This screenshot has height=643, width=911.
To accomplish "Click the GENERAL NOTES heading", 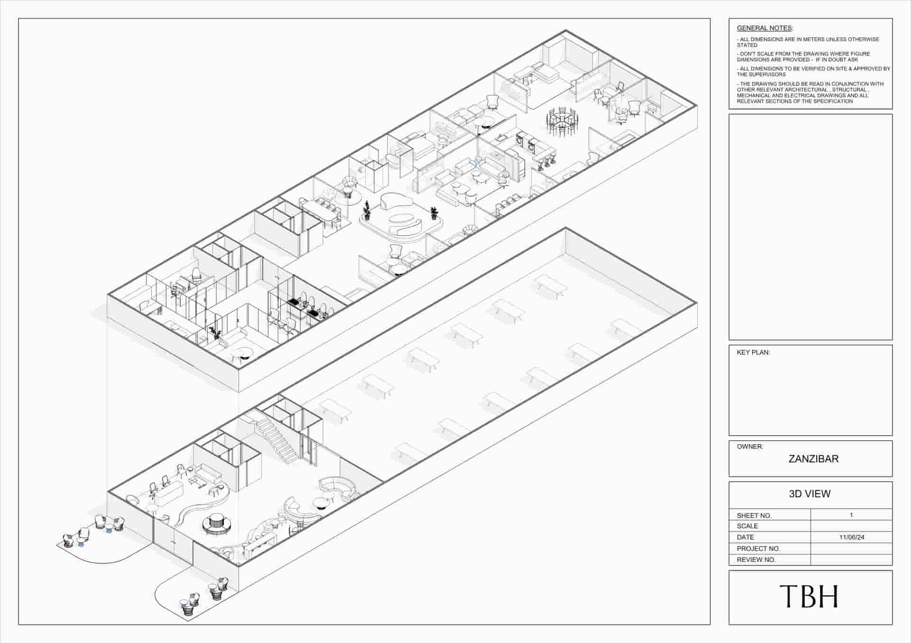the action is click(764, 28).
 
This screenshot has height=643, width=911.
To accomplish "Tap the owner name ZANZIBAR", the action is click(813, 459).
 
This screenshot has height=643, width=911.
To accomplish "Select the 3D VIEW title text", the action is click(809, 494).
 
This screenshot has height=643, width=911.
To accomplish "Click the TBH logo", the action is click(809, 596).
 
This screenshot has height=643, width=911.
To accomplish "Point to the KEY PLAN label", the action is click(753, 353).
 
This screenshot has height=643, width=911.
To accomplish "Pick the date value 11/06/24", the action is click(852, 537).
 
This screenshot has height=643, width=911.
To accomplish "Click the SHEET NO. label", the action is click(754, 515).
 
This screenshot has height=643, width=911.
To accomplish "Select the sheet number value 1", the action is click(852, 515).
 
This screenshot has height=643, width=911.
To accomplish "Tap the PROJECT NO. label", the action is click(758, 549).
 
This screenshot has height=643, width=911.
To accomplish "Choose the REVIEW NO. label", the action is click(756, 560).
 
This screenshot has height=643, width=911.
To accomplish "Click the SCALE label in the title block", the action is click(747, 526).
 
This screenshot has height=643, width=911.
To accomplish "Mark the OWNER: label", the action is click(750, 447).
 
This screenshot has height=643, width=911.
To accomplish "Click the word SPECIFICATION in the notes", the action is click(833, 101).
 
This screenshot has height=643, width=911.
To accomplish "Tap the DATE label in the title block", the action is click(745, 537).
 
